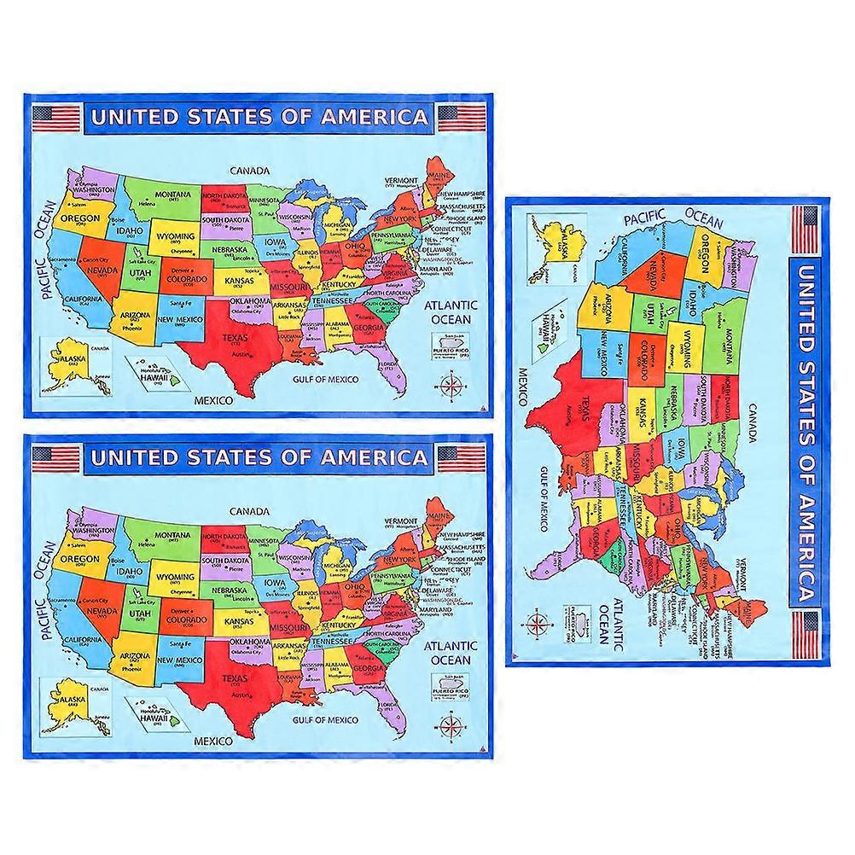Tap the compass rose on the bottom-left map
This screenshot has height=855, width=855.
(451, 726)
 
